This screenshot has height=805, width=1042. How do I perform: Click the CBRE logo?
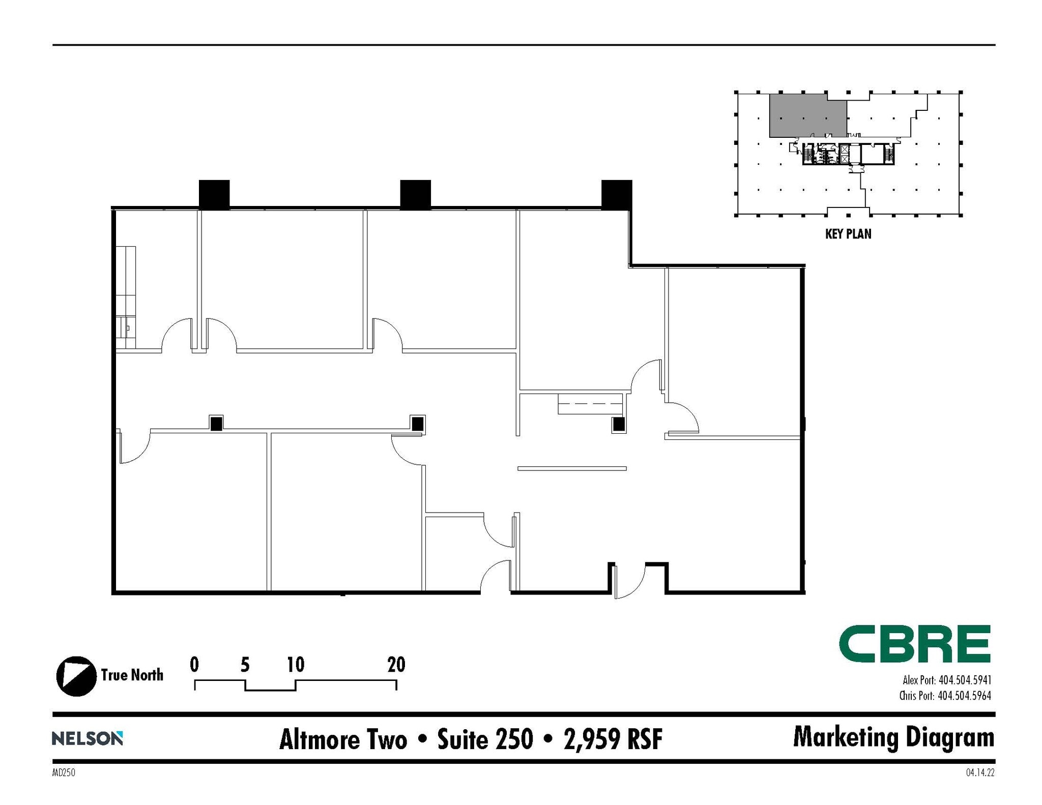pyautogui.click(x=914, y=644)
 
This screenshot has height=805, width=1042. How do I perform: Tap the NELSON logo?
pyautogui.click(x=87, y=738)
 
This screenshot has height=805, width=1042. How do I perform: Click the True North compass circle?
pyautogui.click(x=76, y=676)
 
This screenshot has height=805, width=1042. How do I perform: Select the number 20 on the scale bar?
pyautogui.click(x=396, y=665)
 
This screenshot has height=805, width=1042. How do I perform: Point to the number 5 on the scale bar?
pyautogui.click(x=245, y=665)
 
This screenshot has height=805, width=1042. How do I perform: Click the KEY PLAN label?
pyautogui.click(x=848, y=234)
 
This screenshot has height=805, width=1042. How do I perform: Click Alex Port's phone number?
pyautogui.click(x=964, y=680)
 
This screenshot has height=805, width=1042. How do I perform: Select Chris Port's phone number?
pyautogui.click(x=964, y=695)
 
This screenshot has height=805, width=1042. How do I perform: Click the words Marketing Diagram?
pyautogui.click(x=893, y=737)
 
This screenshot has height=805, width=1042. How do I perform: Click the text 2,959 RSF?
pyautogui.click(x=613, y=739)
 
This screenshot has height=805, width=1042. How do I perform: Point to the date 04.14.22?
pyautogui.click(x=980, y=773)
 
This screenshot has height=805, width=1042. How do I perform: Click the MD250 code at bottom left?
pyautogui.click(x=64, y=773)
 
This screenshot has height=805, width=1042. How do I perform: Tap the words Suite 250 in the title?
pyautogui.click(x=485, y=739)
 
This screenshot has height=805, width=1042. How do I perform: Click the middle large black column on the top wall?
pyautogui.click(x=415, y=194)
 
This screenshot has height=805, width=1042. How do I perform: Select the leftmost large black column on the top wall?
pyautogui.click(x=214, y=194)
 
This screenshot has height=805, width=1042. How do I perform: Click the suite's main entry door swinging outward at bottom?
pyautogui.click(x=629, y=582)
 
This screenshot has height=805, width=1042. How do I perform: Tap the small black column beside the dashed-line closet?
pyautogui.click(x=619, y=424)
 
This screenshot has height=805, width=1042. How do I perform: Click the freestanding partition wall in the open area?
pyautogui.click(x=572, y=468)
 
